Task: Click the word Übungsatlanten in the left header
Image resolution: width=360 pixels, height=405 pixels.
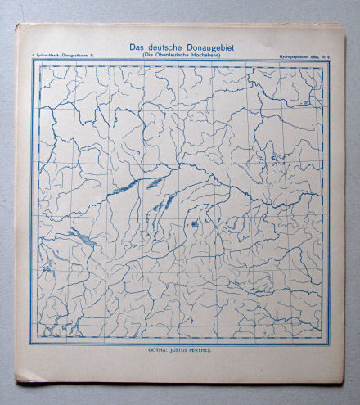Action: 76,54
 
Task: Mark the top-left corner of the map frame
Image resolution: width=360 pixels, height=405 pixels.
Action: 34,61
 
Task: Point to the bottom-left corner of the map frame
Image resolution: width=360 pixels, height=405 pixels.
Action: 33,344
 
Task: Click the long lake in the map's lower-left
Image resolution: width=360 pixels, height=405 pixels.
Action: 81,239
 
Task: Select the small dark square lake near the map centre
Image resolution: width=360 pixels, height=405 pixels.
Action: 194,223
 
